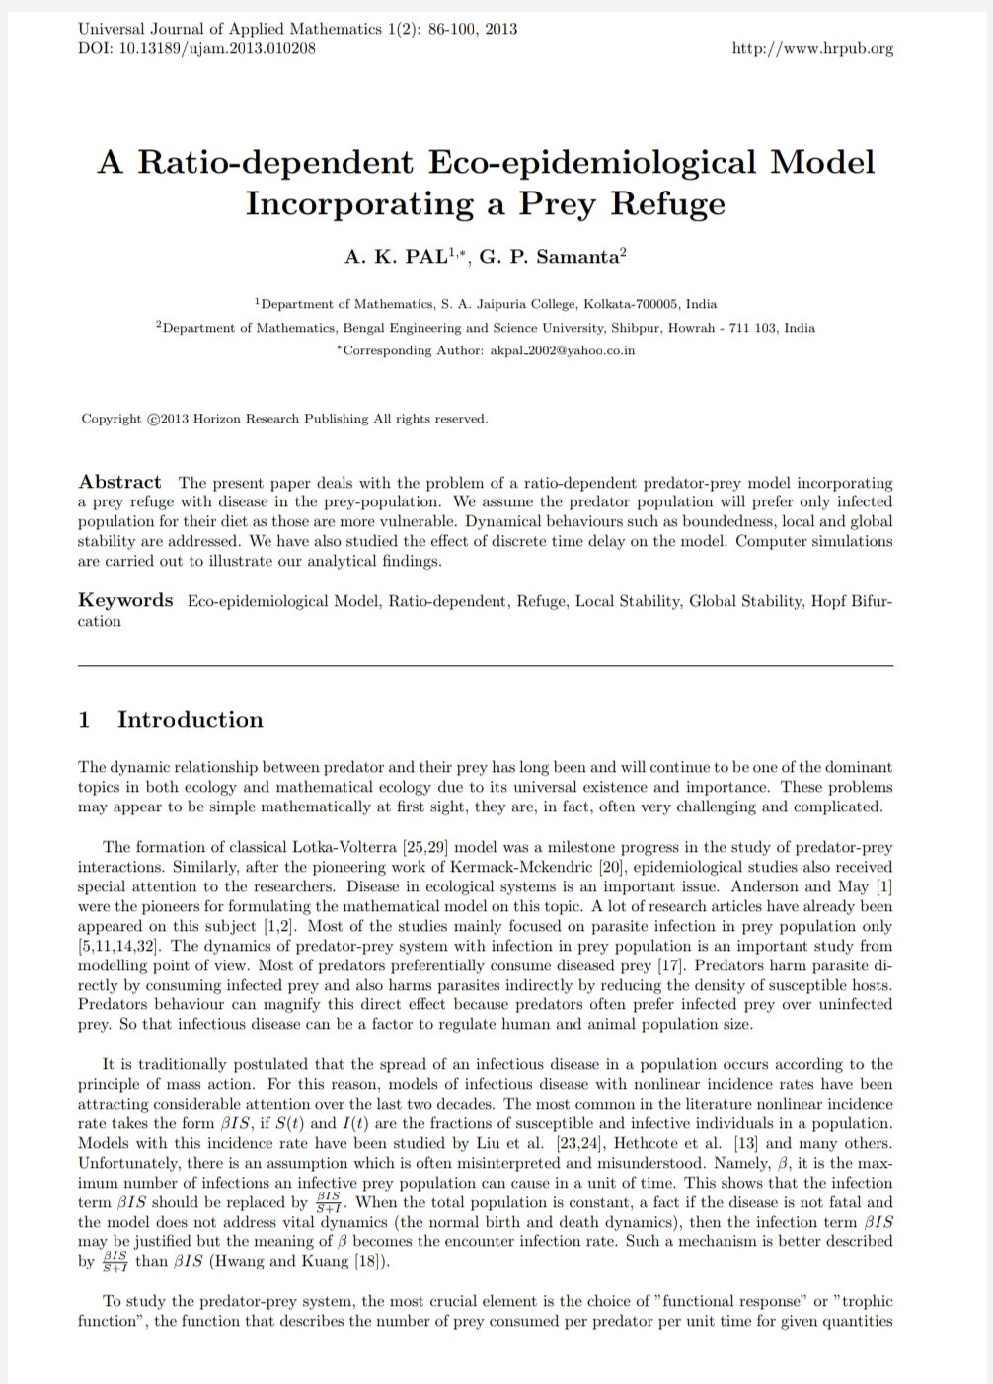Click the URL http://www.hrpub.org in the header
click(812, 48)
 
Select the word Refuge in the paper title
click(668, 203)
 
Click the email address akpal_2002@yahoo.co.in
click(563, 350)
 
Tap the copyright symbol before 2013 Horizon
click(153, 419)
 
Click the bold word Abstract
click(119, 482)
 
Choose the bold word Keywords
click(125, 600)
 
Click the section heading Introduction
click(191, 719)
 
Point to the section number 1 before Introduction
click(84, 719)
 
